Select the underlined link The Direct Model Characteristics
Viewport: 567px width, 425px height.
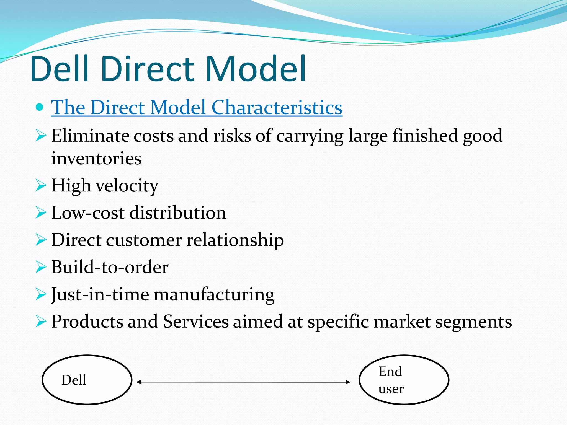pyautogui.click(x=197, y=107)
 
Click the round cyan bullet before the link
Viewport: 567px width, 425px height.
pyautogui.click(x=40, y=107)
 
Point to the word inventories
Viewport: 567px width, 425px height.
pyautogui.click(x=96, y=159)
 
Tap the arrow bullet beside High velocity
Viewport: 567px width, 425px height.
pyautogui.click(x=41, y=185)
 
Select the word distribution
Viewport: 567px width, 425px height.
pyautogui.click(x=178, y=213)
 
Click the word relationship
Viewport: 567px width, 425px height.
pyautogui.click(x=235, y=240)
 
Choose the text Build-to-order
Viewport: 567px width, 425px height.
pyautogui.click(x=110, y=267)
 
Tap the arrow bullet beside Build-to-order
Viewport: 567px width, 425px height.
pyautogui.click(x=41, y=267)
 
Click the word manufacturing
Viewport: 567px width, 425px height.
pyautogui.click(x=214, y=294)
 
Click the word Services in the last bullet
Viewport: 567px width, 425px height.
pyautogui.click(x=196, y=322)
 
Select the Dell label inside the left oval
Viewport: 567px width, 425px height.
pyautogui.click(x=74, y=380)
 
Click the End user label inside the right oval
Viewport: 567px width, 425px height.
pyautogui.click(x=391, y=380)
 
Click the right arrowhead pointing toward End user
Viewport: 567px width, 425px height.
pyautogui.click(x=348, y=382)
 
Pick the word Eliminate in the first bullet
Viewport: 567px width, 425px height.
pyautogui.click(x=90, y=136)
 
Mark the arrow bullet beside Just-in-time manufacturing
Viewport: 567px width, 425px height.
pyautogui.click(x=41, y=294)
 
